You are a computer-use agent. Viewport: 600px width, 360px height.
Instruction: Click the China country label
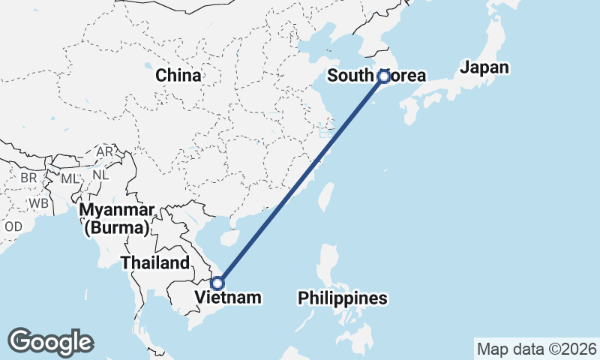(x=178, y=76)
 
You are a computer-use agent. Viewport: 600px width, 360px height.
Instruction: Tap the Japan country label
(x=484, y=67)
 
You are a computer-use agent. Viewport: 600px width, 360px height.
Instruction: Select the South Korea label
(x=376, y=76)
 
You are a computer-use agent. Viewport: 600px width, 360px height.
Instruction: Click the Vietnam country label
(x=228, y=298)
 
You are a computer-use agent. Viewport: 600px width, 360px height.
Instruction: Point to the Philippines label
(x=343, y=298)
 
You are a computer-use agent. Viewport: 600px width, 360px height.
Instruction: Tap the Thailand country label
(x=155, y=263)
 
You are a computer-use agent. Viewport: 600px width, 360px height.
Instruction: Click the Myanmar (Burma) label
(x=118, y=218)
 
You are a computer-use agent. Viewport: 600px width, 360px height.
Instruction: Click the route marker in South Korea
(x=384, y=76)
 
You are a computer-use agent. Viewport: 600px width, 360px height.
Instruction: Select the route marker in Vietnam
(x=217, y=283)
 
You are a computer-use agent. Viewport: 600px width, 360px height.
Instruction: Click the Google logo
(x=51, y=342)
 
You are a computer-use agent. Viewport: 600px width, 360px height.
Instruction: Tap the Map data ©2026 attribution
(x=536, y=349)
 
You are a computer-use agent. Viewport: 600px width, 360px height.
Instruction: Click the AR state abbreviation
(x=104, y=152)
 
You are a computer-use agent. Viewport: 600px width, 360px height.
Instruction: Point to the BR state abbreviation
(x=28, y=178)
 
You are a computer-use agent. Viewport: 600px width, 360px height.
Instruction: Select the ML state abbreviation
(x=69, y=178)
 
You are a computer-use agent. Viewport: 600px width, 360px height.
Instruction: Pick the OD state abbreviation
(x=13, y=226)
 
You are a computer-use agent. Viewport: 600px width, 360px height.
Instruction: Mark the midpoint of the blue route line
(x=301, y=179)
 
